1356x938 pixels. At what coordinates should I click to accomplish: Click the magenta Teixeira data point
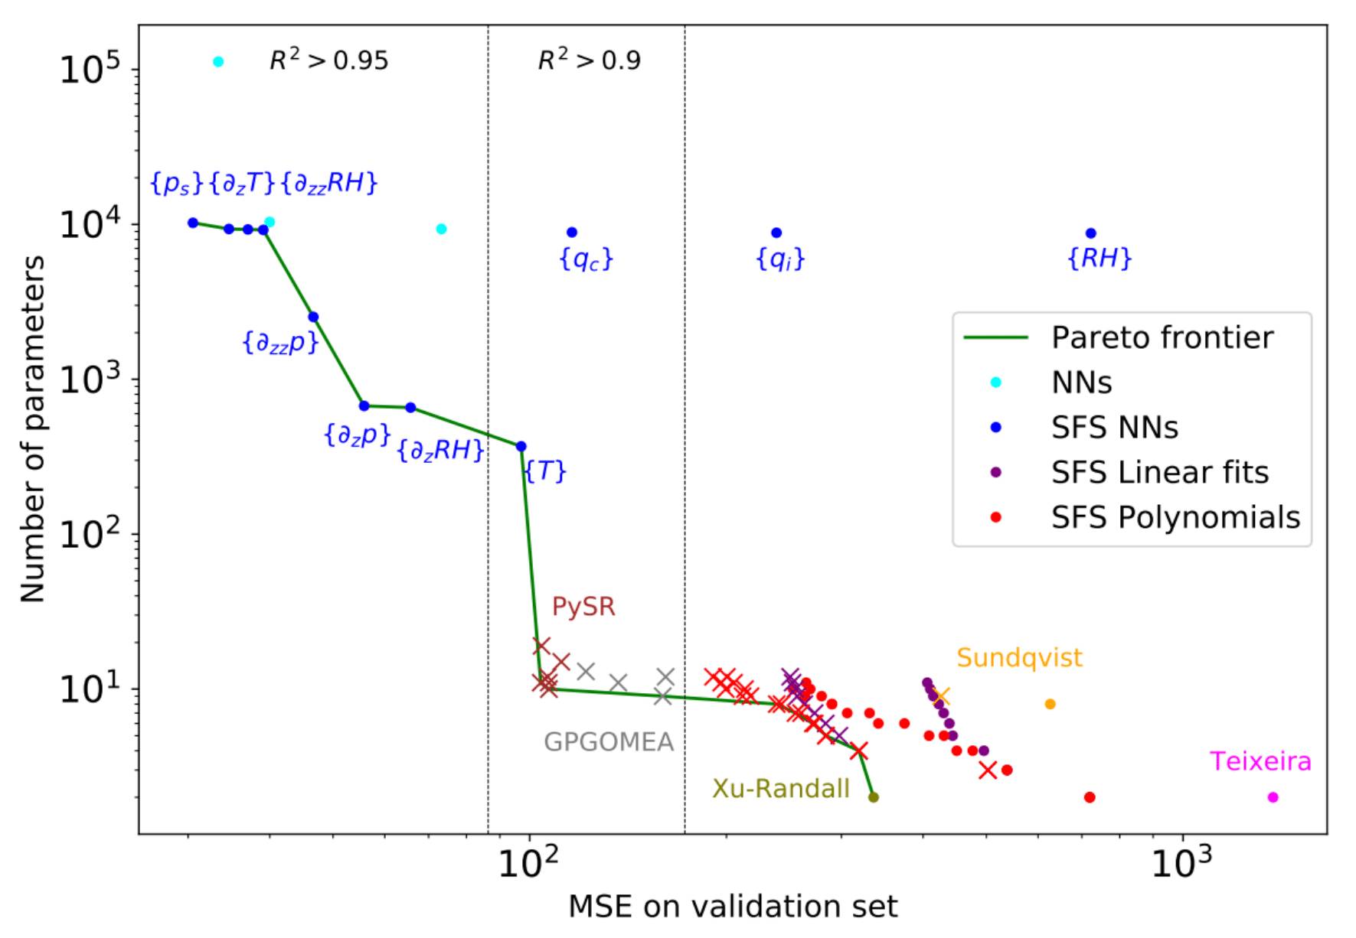click(x=1273, y=797)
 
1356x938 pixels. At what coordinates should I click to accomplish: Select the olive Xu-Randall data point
click(x=873, y=797)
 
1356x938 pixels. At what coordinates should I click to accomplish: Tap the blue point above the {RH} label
click(x=1090, y=233)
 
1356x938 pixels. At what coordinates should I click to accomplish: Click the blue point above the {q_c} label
click(x=571, y=233)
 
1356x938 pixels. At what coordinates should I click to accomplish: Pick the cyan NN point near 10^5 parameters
click(x=218, y=62)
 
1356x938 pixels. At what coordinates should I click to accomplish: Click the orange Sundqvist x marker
click(x=941, y=696)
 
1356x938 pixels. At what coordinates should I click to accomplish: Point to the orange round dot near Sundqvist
click(x=1050, y=704)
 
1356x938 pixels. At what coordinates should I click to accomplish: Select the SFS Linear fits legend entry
click(x=1159, y=473)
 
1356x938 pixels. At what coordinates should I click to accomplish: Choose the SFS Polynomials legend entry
click(x=1175, y=518)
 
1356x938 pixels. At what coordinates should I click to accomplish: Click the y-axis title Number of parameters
click(x=32, y=428)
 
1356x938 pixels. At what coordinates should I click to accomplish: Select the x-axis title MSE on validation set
click(x=732, y=907)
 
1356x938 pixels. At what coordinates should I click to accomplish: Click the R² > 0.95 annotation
click(x=328, y=60)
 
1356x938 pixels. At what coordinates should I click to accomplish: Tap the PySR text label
click(x=583, y=607)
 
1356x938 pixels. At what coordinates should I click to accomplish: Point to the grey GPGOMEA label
click(x=609, y=742)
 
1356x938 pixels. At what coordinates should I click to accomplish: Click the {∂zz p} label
click(x=280, y=343)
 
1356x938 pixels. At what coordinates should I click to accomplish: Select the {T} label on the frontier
click(x=545, y=471)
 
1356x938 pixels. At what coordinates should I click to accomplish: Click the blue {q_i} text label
click(x=780, y=260)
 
